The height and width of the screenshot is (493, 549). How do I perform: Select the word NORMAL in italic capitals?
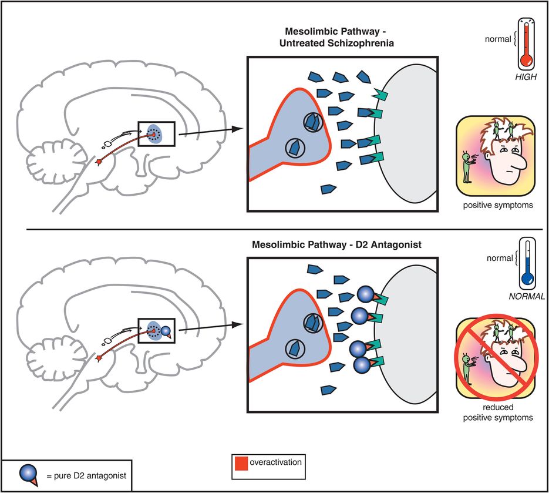527,297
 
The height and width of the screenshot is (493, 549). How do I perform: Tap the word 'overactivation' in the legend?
275,462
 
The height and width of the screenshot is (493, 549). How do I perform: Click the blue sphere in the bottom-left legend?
26,472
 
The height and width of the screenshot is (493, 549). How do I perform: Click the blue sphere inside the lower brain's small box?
166,331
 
